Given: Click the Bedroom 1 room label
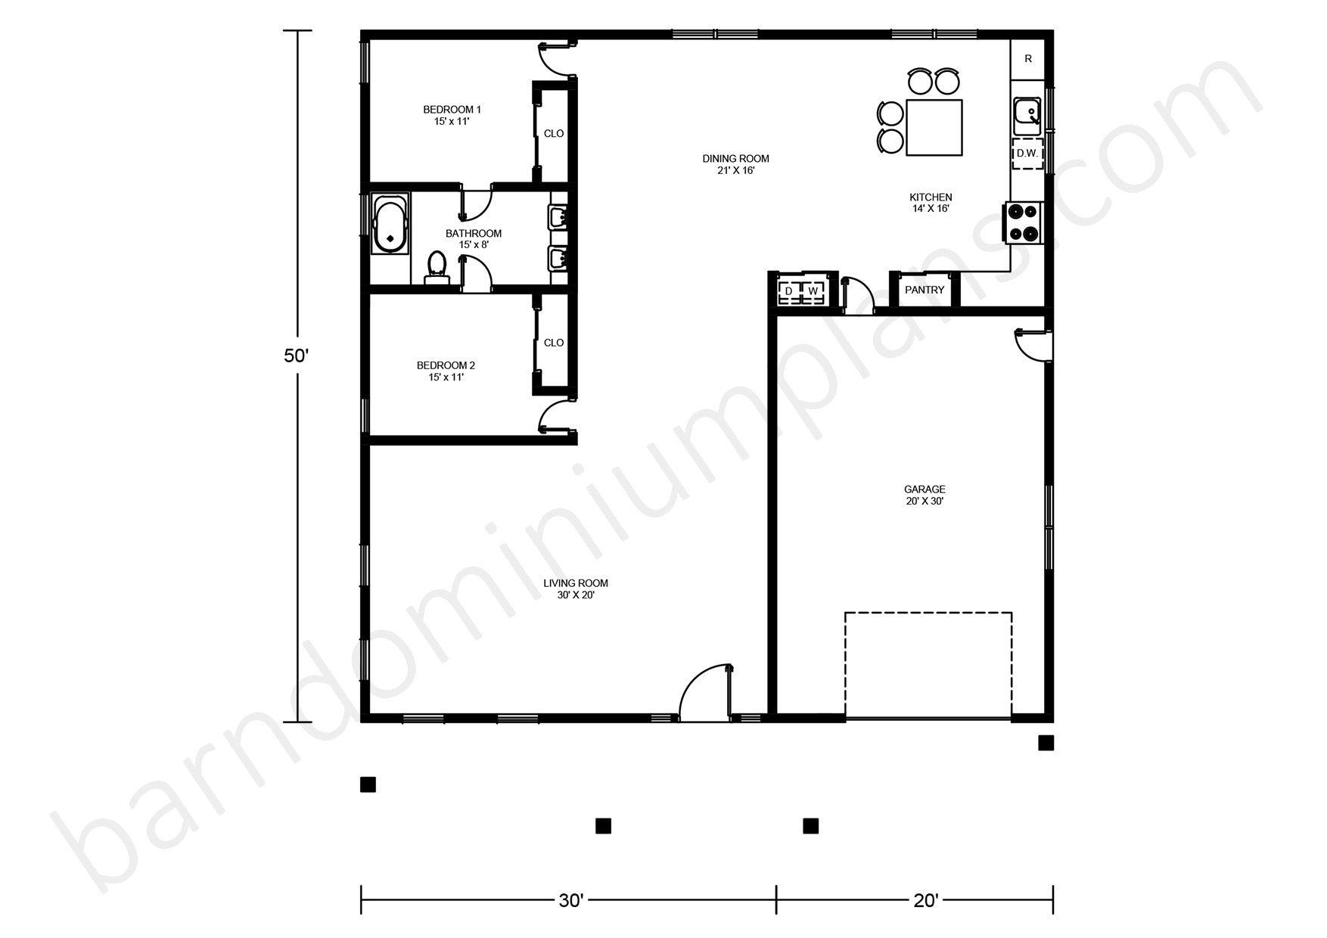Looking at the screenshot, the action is pos(452,115).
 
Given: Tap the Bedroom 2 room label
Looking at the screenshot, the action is pos(446,371).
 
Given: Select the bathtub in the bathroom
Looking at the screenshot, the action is pos(390,224).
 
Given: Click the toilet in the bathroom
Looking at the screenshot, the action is pos(437,268).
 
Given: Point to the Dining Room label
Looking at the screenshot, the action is pos(735,164).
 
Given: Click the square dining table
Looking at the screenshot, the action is pos(934,127).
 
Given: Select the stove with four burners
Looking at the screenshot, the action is pos(1024,222).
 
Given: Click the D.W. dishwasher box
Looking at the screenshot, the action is pos(1027,154).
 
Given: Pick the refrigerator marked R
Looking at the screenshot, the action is pos(1028,59).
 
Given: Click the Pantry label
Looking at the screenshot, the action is pos(925,290).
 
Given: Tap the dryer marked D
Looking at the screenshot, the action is pos(789,291).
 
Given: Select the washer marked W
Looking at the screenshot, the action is pos(813,291).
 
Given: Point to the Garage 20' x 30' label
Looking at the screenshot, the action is pos(925,495).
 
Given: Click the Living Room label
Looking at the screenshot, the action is pos(576,589).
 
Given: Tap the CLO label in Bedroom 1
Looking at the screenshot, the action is pos(554,133).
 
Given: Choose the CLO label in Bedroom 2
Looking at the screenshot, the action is pos(554,343).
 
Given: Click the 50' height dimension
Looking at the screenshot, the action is pos(297,356).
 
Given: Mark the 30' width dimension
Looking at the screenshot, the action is pos(570,900).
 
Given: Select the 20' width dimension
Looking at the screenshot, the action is pos(925,900).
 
